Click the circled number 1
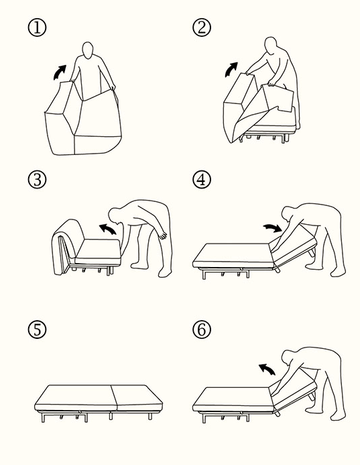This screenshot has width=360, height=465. pyautogui.click(x=37, y=28)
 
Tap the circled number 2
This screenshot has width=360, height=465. pyautogui.click(x=202, y=28)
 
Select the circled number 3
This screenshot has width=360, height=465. pyautogui.click(x=37, y=179)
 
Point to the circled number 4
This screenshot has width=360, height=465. pyautogui.click(x=202, y=179)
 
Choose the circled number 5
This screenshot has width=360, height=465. pyautogui.click(x=37, y=329)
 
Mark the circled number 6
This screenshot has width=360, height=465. pyautogui.click(x=202, y=329)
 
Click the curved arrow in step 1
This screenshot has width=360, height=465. pyautogui.click(x=59, y=72)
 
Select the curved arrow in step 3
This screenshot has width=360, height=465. pyautogui.click(x=107, y=227)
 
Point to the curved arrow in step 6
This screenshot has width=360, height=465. pyautogui.click(x=267, y=368)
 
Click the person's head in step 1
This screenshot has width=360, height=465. pyautogui.click(x=88, y=50)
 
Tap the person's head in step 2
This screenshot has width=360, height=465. pyautogui.click(x=271, y=46)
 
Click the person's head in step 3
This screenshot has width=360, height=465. pyautogui.click(x=115, y=215)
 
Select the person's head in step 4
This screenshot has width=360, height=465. pyautogui.click(x=288, y=214)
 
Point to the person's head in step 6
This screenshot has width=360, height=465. pyautogui.click(x=288, y=358)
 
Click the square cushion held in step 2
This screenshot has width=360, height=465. pyautogui.click(x=278, y=97)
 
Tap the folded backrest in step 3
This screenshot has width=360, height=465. pyautogui.click(x=66, y=246)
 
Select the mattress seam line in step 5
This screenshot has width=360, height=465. pyautogui.click(x=115, y=398)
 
